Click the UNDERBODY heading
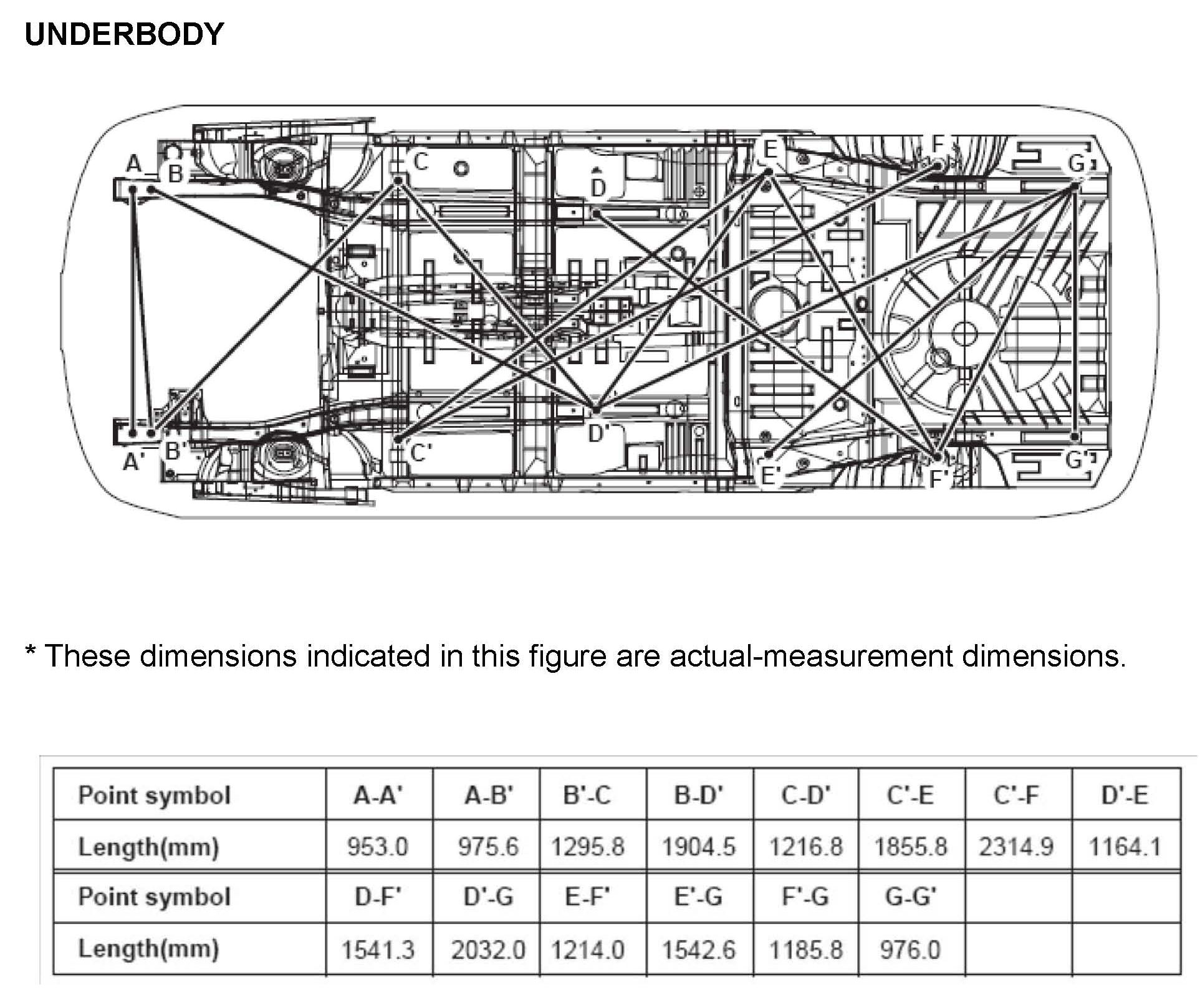[x=124, y=34]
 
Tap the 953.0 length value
[x=378, y=846]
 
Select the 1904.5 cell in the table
[x=699, y=846]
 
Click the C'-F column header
[x=1017, y=795]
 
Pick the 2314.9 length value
[x=1016, y=846]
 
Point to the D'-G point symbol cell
[x=488, y=897]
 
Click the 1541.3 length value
[x=378, y=949]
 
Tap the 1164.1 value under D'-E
[x=1125, y=846]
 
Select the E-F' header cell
[x=587, y=897]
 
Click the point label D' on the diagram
[x=598, y=433]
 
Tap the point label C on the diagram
[x=421, y=162]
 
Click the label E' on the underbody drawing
[x=770, y=476]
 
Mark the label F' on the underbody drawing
[x=939, y=479]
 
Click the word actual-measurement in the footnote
[x=810, y=656]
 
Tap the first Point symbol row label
[x=154, y=795]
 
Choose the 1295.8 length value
[x=587, y=846]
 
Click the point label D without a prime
[x=598, y=188]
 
